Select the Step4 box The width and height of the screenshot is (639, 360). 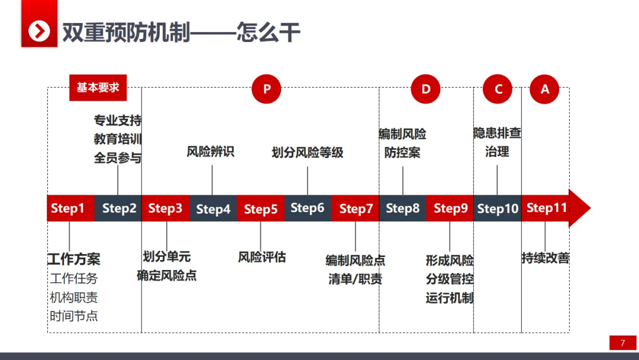pyautogui.click(x=213, y=208)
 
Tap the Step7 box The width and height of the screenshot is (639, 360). pyautogui.click(x=356, y=208)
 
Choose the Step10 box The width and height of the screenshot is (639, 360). pyautogui.click(x=498, y=208)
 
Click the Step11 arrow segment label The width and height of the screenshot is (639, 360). pyautogui.click(x=547, y=208)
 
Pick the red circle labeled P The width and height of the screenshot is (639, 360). pyautogui.click(x=266, y=89)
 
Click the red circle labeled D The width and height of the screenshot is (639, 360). pyautogui.click(x=426, y=89)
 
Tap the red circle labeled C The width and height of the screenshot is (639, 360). pyautogui.click(x=498, y=89)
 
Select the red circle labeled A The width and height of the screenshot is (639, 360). pyautogui.click(x=545, y=89)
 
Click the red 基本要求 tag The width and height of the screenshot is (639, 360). pyautogui.click(x=98, y=88)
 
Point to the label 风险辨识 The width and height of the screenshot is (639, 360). pyautogui.click(x=211, y=152)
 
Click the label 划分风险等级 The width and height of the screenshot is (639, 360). pyautogui.click(x=308, y=152)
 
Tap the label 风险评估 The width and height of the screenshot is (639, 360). pyautogui.click(x=262, y=257)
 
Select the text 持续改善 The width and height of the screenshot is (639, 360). pyautogui.click(x=546, y=258)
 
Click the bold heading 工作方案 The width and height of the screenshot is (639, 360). pyautogui.click(x=74, y=259)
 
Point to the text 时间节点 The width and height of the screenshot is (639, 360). pyautogui.click(x=74, y=316)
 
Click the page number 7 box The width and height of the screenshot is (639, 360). pyautogui.click(x=622, y=343)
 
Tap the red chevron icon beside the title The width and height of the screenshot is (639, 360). pyautogui.click(x=39, y=31)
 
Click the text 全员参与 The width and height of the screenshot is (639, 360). pyautogui.click(x=118, y=158)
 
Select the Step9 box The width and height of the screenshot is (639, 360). pyautogui.click(x=450, y=208)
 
